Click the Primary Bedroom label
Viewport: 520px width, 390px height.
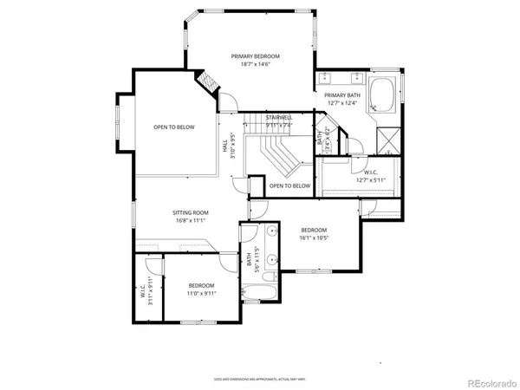coord(249,56)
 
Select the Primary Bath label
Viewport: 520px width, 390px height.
coord(341,95)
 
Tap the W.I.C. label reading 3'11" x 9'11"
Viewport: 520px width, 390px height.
coord(145,294)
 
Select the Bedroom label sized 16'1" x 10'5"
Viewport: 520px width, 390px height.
coord(313,230)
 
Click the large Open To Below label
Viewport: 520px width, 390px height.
coord(174,127)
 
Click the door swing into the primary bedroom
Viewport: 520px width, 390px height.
coord(227,104)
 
